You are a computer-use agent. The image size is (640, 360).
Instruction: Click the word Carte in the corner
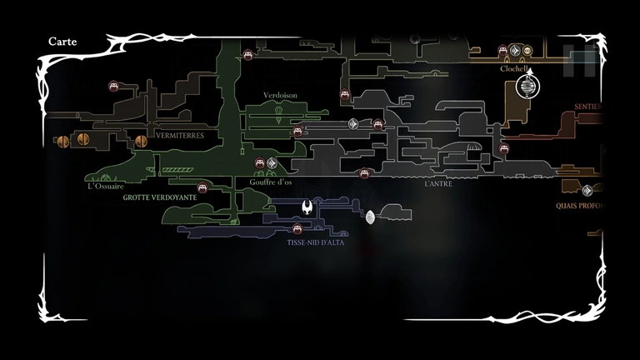pos(62,41)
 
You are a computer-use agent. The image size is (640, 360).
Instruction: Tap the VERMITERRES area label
pos(179,134)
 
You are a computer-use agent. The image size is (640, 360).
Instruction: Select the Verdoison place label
pos(280,96)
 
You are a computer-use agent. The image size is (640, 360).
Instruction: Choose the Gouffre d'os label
pos(270,182)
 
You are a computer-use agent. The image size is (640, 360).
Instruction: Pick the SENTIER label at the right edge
pos(588,107)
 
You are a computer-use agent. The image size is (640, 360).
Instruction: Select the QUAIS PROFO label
pos(580,205)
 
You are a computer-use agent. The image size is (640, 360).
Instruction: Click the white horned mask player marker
pos(307,206)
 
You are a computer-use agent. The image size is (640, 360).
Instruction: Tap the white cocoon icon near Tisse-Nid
pos(370,217)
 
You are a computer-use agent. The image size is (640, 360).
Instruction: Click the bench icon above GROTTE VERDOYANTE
pos(202,187)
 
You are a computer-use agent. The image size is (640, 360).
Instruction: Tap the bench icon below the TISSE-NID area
pos(297,228)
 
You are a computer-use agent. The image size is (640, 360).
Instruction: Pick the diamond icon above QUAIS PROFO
pos(587,190)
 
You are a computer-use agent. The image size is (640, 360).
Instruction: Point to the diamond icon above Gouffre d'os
pos(272,162)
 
